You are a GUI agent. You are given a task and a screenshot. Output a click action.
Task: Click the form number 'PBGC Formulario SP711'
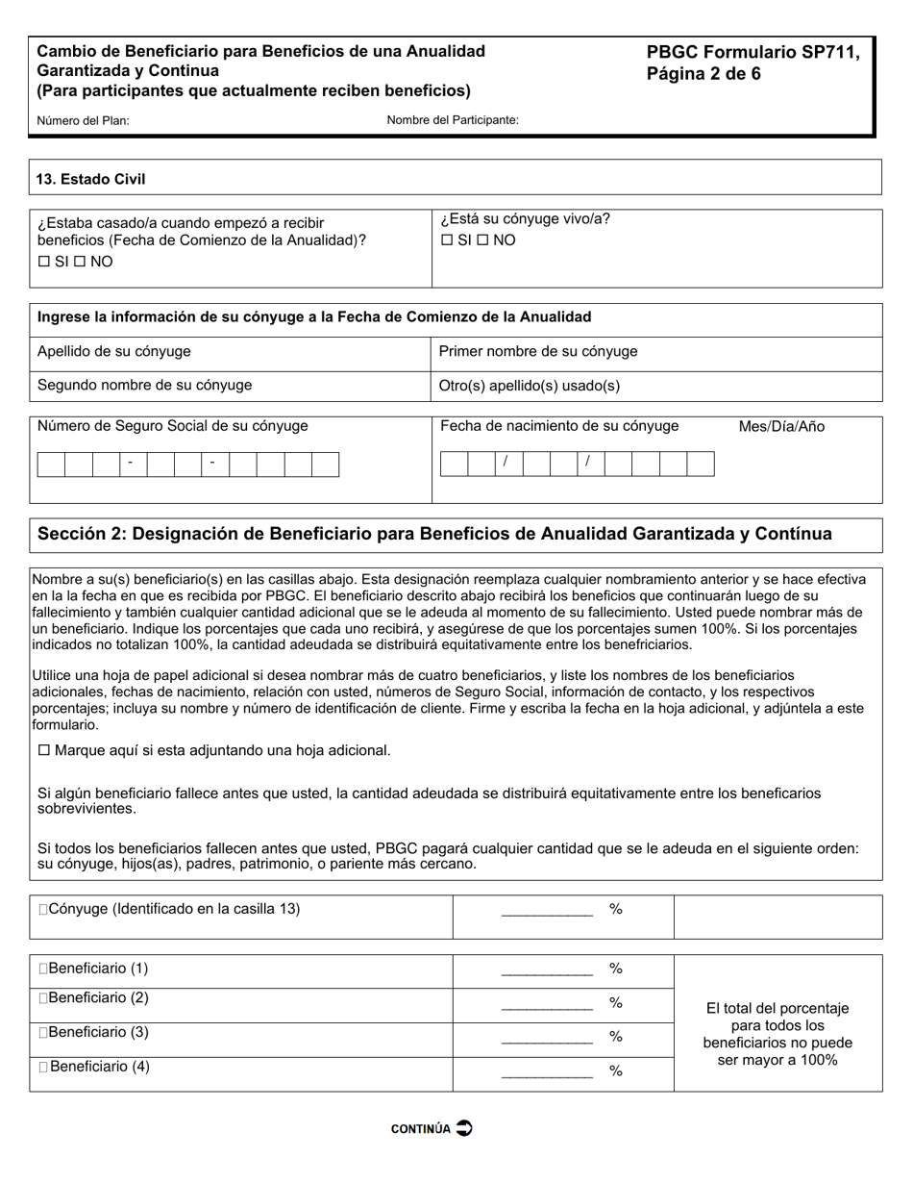(x=753, y=53)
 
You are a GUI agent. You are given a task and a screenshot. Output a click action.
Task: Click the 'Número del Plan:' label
(x=83, y=121)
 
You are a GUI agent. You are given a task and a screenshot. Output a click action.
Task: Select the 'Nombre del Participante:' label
(x=453, y=120)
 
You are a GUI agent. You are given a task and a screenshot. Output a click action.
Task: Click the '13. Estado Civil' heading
(x=91, y=179)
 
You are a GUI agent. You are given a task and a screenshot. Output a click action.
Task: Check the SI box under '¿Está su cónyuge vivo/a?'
(x=446, y=240)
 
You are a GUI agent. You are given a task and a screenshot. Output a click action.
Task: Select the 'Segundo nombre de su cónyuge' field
(x=230, y=386)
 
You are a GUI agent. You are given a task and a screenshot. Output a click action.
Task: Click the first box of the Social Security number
(x=51, y=465)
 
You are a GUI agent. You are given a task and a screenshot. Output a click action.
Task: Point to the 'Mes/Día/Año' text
(x=781, y=427)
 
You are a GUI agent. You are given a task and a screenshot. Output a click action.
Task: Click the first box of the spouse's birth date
(x=454, y=464)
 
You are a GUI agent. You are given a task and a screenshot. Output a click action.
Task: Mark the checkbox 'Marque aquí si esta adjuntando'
(x=43, y=750)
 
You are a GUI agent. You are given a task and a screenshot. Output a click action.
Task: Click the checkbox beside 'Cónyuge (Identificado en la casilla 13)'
(x=42, y=909)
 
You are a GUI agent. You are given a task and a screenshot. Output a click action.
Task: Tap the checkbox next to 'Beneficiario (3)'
(x=43, y=1033)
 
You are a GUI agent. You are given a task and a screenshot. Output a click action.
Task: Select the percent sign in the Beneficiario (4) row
(x=616, y=1071)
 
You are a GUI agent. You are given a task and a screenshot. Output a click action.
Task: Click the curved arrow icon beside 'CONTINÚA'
(x=463, y=1128)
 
